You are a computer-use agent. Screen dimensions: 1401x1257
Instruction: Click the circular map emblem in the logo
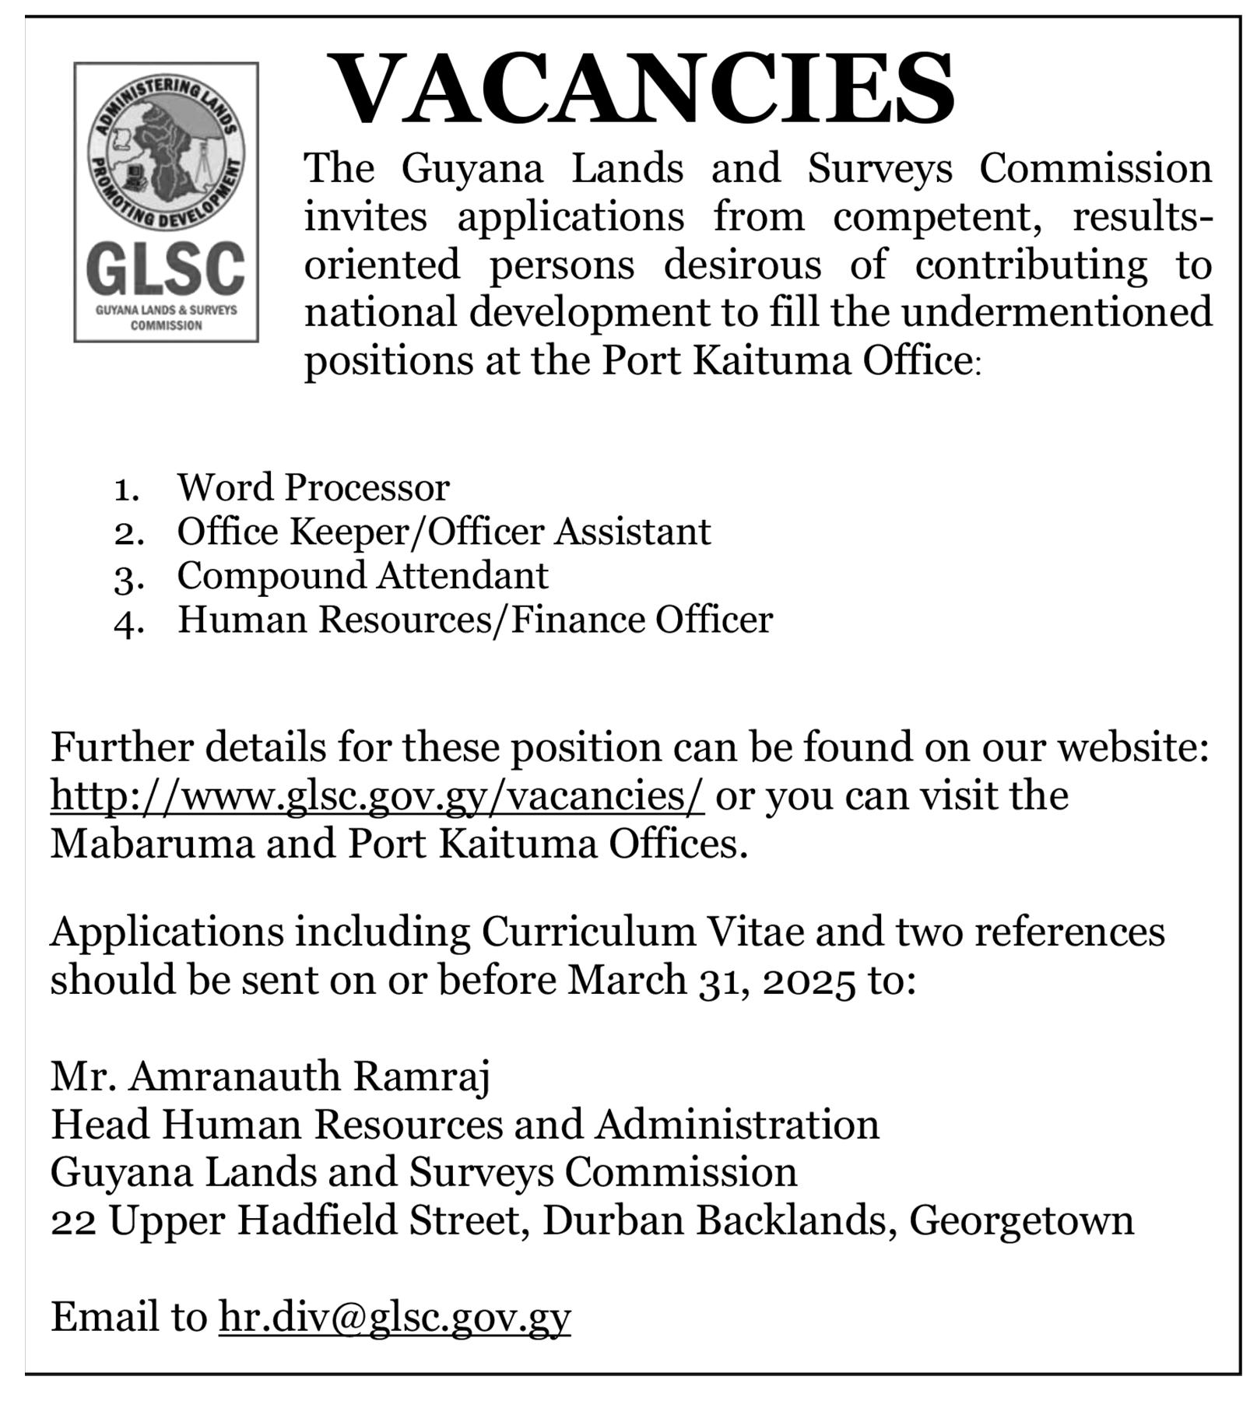(x=166, y=152)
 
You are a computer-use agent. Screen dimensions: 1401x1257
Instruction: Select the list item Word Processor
(x=313, y=488)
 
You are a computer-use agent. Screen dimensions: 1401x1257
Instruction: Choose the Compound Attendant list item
(x=363, y=576)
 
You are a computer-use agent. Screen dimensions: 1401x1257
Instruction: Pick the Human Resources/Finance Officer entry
(x=475, y=620)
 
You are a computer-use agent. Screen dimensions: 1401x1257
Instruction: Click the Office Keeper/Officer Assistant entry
(x=444, y=532)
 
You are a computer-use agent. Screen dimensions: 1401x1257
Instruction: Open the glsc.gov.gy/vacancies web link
(x=377, y=796)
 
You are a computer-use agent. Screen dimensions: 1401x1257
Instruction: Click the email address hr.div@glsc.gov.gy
(x=395, y=1317)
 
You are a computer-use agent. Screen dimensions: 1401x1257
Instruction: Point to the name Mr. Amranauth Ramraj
(x=271, y=1076)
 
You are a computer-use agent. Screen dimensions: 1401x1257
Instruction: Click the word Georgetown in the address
(x=1021, y=1220)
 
